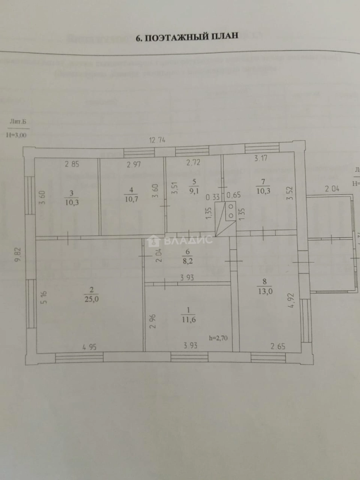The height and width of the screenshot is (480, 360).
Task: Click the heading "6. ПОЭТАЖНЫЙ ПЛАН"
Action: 187,37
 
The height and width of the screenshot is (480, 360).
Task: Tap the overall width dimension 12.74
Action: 157,140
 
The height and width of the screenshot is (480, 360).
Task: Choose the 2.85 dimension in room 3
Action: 72,164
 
